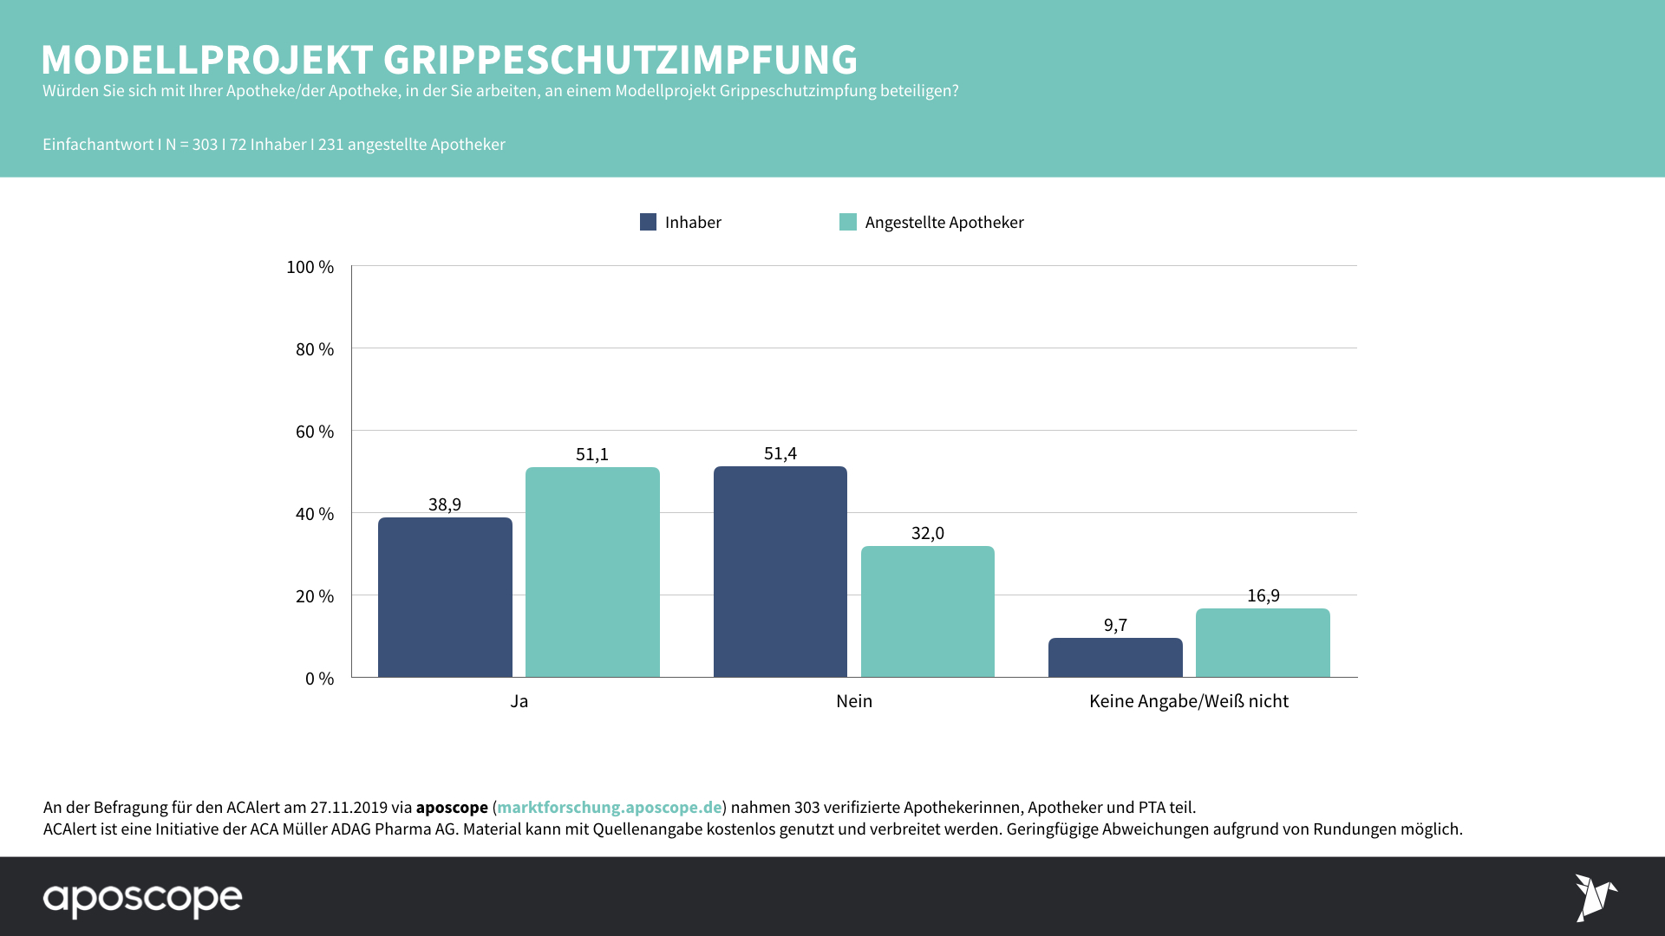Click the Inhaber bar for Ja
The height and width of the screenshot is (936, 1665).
coord(445,597)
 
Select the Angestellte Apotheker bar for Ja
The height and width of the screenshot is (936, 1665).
coord(592,572)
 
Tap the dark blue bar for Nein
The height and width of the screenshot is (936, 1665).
coord(780,572)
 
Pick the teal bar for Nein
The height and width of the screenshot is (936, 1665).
coord(927,611)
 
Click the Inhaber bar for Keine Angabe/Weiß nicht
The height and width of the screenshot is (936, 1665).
coord(1115,658)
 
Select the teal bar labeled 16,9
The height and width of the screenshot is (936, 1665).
coord(1263,643)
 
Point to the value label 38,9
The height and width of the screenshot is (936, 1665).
coord(445,504)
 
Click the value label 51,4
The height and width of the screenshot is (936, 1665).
coord(780,453)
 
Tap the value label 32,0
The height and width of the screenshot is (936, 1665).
coord(927,533)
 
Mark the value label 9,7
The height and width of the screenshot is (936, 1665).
coord(1115,625)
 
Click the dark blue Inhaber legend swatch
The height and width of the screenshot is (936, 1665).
coord(648,222)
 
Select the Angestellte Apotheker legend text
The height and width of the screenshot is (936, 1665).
coord(943,223)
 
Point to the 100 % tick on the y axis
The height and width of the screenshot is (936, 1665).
coord(310,267)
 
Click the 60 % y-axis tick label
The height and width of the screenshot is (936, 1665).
coord(314,432)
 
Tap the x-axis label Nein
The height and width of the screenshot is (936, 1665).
coord(853,701)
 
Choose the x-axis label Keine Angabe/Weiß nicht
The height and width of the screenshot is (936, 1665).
coord(1188,701)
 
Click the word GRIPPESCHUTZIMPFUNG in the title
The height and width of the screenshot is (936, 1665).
coord(620,60)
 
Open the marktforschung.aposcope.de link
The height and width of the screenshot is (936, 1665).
coord(609,807)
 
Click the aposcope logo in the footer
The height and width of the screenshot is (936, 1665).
coord(142,899)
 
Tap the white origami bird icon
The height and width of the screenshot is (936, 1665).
coord(1595,897)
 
